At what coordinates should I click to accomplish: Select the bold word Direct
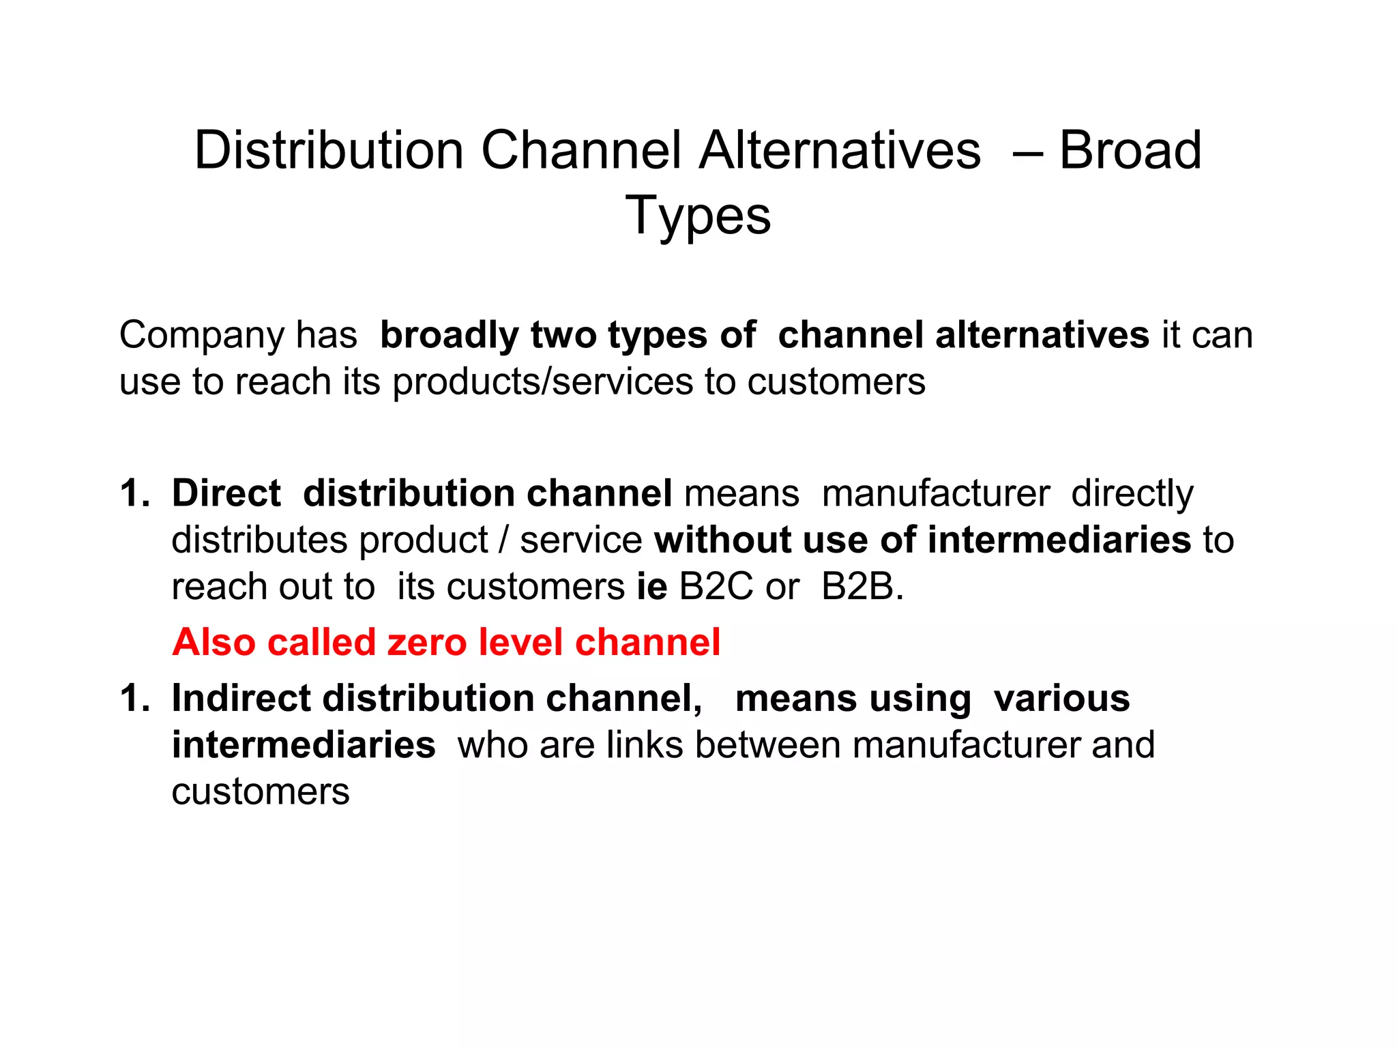[x=226, y=493]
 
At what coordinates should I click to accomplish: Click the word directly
[x=1132, y=495]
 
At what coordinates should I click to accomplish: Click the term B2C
[x=716, y=587]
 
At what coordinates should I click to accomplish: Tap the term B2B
[x=862, y=587]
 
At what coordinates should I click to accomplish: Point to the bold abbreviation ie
[x=651, y=587]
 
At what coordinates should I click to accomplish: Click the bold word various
[x=1061, y=699]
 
